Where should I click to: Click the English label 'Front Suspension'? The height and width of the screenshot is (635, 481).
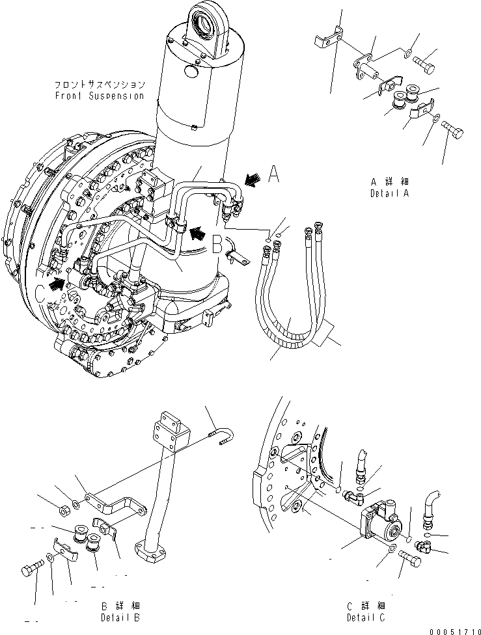(100, 96)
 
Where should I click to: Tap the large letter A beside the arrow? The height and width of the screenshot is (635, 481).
(275, 175)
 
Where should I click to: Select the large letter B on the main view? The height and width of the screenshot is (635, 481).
(217, 243)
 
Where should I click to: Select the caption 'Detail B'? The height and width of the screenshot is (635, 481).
(120, 617)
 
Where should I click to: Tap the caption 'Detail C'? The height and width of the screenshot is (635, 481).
(368, 617)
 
